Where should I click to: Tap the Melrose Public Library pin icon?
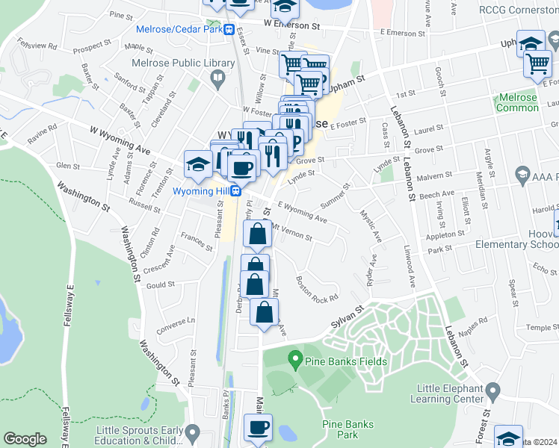point(217,76)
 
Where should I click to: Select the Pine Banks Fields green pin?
point(295,362)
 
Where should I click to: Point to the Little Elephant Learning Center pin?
point(492,391)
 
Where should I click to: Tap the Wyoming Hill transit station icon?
point(236,190)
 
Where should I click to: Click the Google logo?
point(25,439)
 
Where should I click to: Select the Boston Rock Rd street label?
point(317,290)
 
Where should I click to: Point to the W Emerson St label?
point(291,25)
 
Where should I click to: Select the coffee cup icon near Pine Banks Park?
point(259,429)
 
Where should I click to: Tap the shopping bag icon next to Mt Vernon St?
point(257,234)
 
